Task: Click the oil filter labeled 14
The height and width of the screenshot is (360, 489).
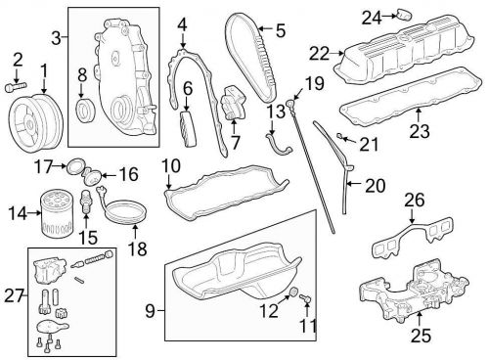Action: pos(56,215)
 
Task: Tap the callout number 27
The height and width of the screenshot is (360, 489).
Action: pos(14,296)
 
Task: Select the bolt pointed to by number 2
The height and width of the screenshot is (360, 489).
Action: pos(16,87)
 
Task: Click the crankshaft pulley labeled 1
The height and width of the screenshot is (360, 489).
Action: pos(35,122)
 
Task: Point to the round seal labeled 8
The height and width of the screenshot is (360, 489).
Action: pos(85,108)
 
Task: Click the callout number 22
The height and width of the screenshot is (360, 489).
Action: pos(319,54)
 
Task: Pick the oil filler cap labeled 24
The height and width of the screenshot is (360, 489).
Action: pos(404,16)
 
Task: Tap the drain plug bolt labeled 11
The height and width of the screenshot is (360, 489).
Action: pos(305,297)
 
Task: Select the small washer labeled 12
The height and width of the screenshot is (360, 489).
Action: pos(294,292)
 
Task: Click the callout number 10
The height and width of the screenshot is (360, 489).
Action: pos(171,166)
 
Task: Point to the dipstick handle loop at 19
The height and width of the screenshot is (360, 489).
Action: pos(290,104)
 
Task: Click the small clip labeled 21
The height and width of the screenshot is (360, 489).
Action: pos(339,136)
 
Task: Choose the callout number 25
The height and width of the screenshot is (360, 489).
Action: pos(421,336)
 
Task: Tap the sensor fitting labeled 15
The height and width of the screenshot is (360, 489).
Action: pos(86,202)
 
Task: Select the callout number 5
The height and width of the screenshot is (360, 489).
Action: pos(280,30)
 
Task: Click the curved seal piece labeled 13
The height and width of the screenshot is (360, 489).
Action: pos(279,146)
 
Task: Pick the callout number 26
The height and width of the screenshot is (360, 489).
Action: pos(415,201)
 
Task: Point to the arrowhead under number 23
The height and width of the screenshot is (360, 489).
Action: pos(419,112)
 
